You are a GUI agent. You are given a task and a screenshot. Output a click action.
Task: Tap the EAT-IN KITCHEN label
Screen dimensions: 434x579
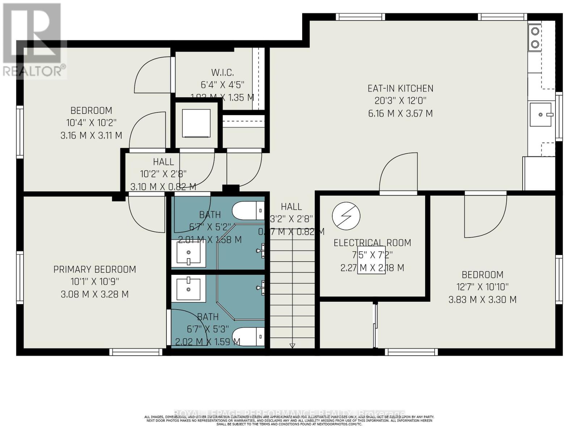tap(400, 88)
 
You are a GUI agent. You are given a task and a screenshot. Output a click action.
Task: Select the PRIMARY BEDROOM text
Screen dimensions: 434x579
tap(94, 269)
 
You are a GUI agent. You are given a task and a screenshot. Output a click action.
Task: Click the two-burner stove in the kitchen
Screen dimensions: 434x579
tap(534, 38)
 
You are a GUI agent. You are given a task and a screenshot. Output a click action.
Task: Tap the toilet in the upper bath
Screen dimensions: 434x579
tap(248, 210)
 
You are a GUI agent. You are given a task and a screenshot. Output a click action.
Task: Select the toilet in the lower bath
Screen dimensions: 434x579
tap(248, 337)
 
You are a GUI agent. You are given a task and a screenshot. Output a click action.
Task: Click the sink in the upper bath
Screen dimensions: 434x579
tap(188, 253)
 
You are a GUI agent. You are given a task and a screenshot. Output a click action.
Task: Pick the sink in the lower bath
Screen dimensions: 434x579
tap(188, 288)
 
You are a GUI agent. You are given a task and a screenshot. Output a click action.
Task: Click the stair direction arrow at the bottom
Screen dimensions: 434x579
tap(292, 346)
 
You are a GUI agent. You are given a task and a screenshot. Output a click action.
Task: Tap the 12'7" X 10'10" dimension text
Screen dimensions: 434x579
tap(482, 287)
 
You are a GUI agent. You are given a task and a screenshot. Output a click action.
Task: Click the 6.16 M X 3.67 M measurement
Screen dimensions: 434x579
tap(400, 114)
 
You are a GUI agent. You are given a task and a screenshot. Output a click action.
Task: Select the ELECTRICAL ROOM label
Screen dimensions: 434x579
tap(372, 243)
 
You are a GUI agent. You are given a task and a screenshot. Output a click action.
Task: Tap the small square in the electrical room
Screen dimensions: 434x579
tap(371, 260)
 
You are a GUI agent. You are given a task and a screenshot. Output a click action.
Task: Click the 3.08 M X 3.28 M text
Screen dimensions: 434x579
tap(94, 294)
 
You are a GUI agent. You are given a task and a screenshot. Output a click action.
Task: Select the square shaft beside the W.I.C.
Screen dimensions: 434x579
tap(196, 124)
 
